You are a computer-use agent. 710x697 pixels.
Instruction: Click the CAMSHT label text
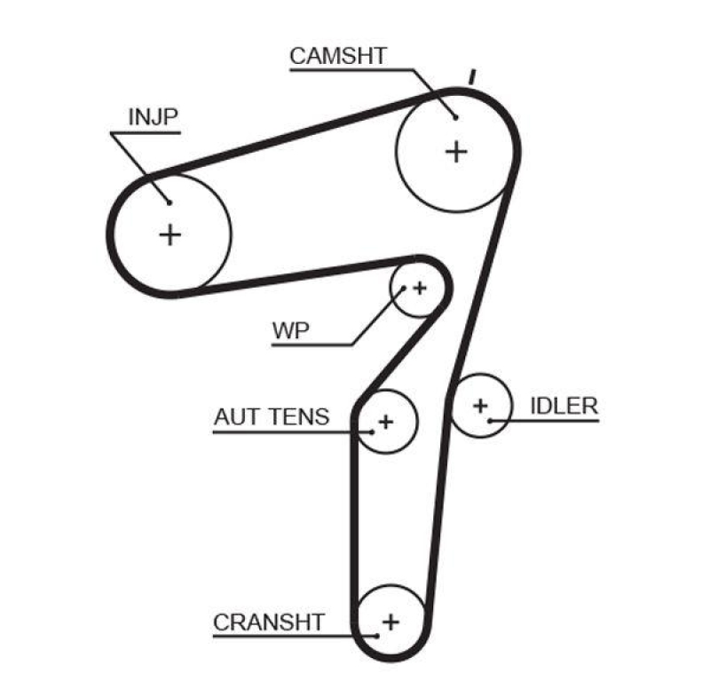(x=338, y=55)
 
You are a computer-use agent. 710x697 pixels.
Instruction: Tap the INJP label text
(x=154, y=117)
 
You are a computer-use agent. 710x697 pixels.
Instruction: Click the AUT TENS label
(x=271, y=416)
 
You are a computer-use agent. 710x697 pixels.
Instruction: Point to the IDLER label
(x=564, y=407)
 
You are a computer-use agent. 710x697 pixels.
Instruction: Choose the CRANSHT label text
(x=269, y=622)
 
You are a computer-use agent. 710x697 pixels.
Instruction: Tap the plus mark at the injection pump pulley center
(x=170, y=234)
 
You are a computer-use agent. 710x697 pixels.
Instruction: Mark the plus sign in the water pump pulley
(x=419, y=288)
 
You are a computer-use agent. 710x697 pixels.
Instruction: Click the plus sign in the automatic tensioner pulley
(x=385, y=421)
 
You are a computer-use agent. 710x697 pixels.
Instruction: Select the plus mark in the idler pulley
(x=480, y=406)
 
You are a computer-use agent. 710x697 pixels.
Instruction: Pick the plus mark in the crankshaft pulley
(x=390, y=621)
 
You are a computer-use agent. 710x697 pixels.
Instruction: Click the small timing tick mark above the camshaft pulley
(x=473, y=77)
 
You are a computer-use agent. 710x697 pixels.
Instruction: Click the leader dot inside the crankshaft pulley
(x=377, y=636)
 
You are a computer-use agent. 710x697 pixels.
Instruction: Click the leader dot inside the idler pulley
(x=489, y=419)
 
